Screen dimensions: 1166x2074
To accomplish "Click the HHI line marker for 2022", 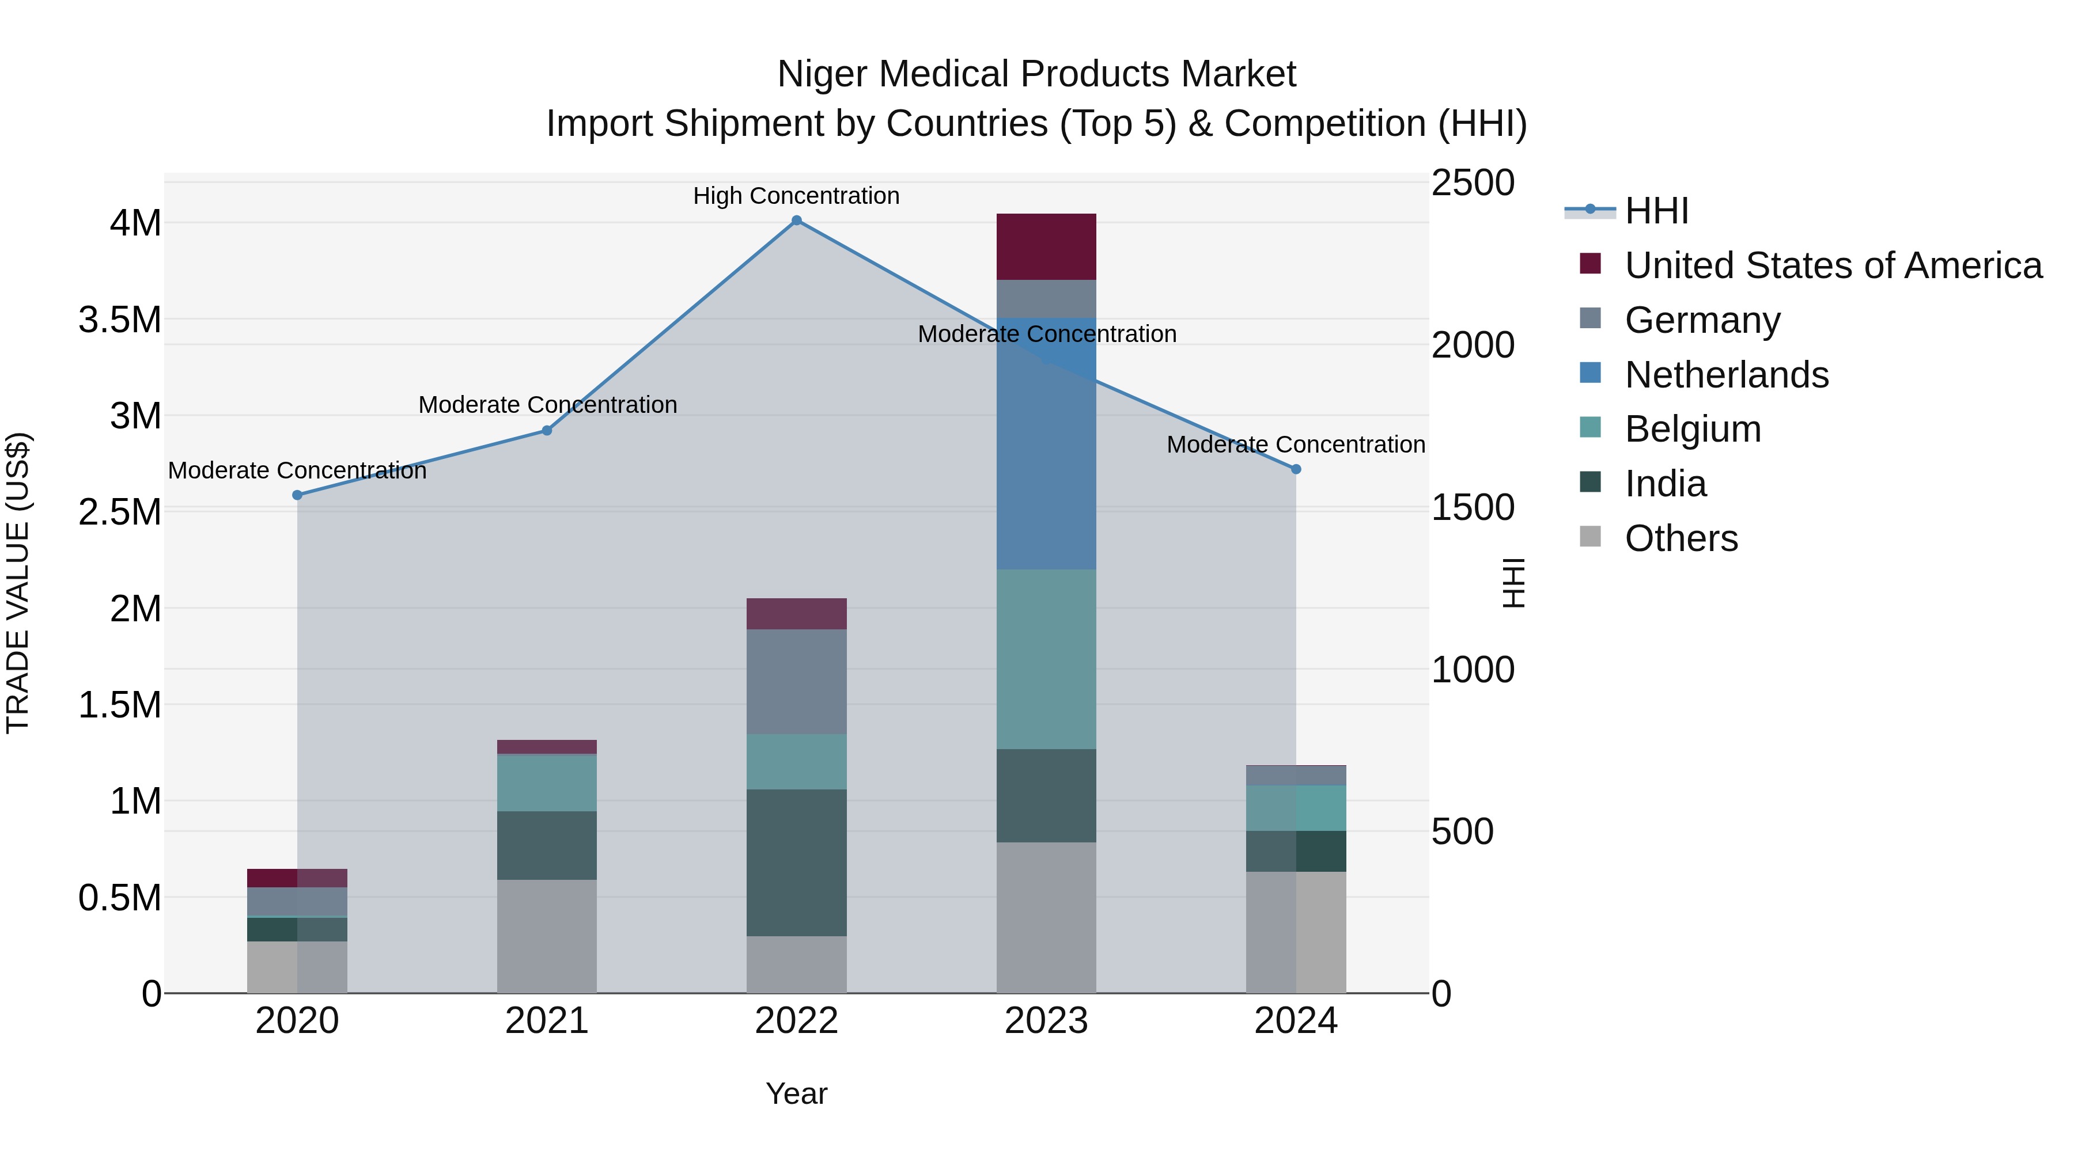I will [x=796, y=221].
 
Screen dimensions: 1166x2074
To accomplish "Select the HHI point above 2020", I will [x=297, y=495].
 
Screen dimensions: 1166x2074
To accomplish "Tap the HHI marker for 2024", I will [x=1296, y=469].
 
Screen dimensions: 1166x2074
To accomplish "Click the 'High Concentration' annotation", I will [x=796, y=196].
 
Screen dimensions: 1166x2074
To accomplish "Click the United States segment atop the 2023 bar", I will [x=1046, y=247].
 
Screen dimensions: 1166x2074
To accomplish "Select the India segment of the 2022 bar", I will [x=796, y=862].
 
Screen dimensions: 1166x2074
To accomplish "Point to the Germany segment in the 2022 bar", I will [x=796, y=682].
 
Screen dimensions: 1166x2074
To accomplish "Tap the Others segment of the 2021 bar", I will [x=547, y=935].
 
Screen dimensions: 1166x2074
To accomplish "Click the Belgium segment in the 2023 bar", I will [x=1046, y=659].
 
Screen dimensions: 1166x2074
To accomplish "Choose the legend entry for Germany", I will [x=1702, y=320].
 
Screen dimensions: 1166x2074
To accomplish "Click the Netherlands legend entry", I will [x=1726, y=375].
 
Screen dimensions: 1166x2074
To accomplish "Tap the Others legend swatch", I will [x=1590, y=537].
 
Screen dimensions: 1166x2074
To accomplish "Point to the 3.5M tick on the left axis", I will [x=120, y=320].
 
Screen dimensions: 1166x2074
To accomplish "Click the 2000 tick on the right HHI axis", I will [x=1473, y=345].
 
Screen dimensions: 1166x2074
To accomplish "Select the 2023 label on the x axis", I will [x=1046, y=1021].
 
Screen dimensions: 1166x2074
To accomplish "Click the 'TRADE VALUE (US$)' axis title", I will [x=18, y=583].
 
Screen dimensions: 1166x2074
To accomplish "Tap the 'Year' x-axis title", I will [x=796, y=1093].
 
